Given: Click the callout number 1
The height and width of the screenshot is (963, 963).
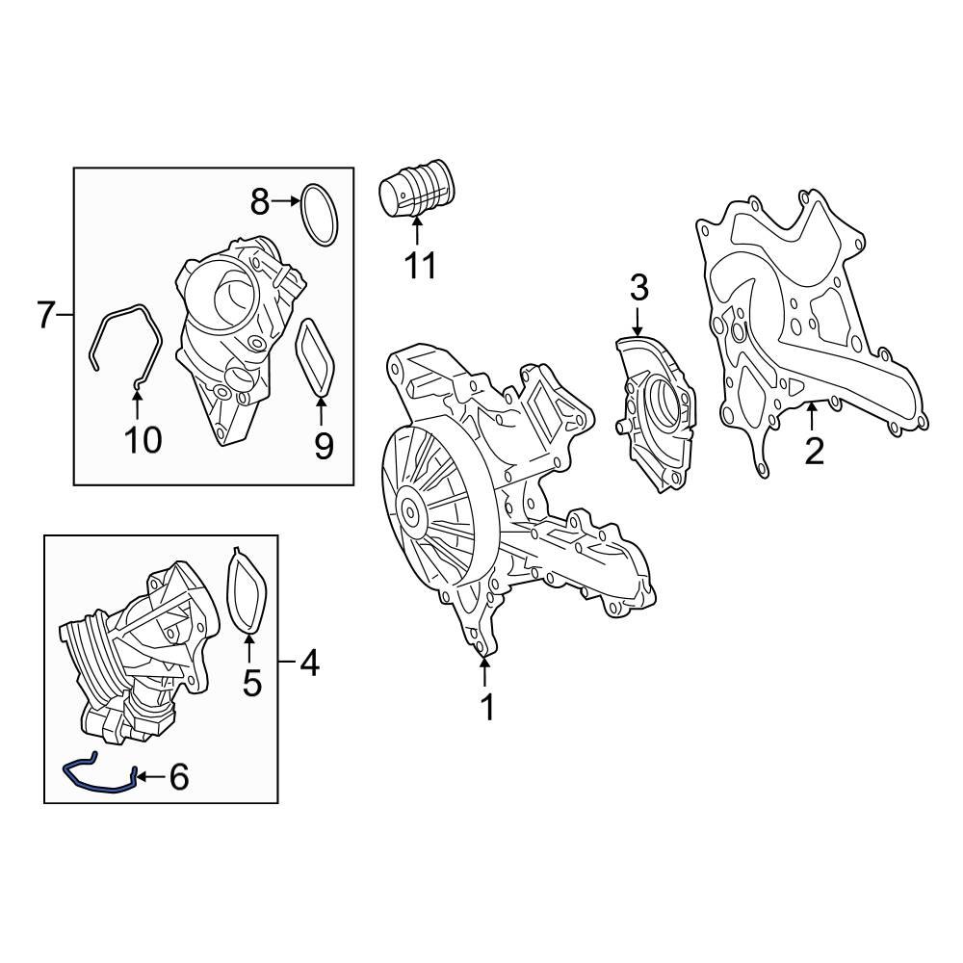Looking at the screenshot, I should [x=487, y=708].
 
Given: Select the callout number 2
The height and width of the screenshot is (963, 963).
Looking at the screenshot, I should [x=815, y=451].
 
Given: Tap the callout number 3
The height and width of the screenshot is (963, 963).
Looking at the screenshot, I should [x=639, y=287].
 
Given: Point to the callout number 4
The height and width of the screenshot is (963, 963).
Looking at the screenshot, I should [x=308, y=663].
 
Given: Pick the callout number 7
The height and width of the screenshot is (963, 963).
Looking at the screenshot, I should [x=45, y=315].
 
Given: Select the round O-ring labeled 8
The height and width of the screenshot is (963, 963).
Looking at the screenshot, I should [x=320, y=213].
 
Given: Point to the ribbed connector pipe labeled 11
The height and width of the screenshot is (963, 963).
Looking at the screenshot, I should [x=417, y=194].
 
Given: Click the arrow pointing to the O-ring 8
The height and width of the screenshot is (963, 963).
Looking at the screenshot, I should [x=285, y=201].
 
